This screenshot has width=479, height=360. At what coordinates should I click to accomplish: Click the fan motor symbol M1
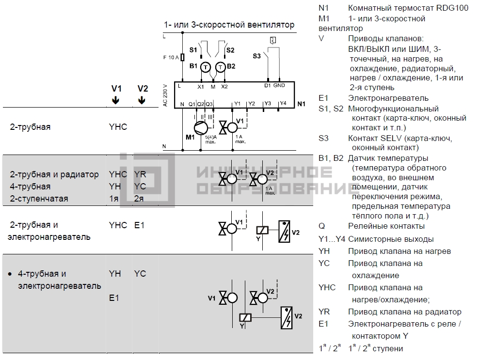tap(201, 128)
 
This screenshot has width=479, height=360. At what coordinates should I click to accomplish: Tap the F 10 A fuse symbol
tap(183, 57)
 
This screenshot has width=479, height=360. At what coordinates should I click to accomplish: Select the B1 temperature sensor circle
tap(206, 67)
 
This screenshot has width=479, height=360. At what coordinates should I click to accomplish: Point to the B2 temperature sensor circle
tap(220, 67)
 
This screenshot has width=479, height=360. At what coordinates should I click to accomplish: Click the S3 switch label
tap(256, 56)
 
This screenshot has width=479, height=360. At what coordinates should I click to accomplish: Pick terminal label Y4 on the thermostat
tap(283, 103)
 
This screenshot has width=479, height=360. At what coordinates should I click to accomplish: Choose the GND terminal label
tap(279, 85)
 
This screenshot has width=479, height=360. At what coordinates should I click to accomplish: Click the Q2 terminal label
tap(200, 104)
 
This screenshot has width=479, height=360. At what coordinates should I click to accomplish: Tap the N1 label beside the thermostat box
tap(301, 104)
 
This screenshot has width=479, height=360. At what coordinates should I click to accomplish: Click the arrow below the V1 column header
tap(115, 100)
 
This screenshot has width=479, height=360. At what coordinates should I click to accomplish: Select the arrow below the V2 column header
tap(142, 100)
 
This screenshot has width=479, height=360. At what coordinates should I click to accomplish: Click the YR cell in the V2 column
tap(140, 174)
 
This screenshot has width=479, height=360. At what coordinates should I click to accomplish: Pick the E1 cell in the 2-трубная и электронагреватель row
tap(139, 225)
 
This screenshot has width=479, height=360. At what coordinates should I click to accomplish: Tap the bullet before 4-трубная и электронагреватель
tap(10, 274)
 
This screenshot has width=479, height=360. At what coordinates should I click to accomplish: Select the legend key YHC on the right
tap(327, 288)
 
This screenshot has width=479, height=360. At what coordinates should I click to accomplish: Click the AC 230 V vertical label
tap(165, 95)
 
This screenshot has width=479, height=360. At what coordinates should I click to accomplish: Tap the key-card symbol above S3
tap(273, 40)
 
